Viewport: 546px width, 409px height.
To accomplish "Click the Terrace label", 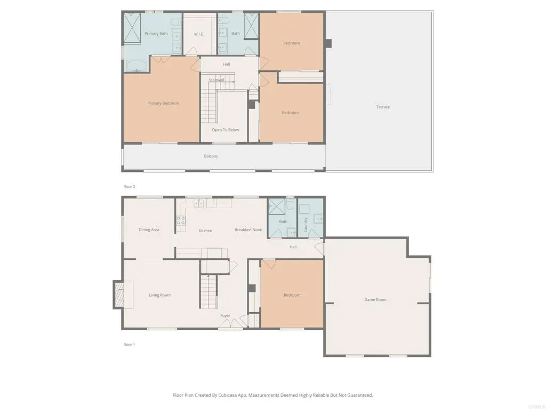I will click(x=383, y=107).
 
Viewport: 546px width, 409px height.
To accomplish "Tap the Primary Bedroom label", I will click(x=163, y=103).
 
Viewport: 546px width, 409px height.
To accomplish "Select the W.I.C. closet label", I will click(x=199, y=34).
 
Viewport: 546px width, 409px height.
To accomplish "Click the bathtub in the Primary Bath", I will click(x=137, y=67).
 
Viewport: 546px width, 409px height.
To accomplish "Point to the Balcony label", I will click(x=211, y=156).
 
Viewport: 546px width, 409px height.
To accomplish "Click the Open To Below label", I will click(x=226, y=130).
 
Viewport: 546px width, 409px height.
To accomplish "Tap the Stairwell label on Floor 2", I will click(x=216, y=80).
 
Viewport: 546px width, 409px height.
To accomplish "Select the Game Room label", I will click(x=375, y=300).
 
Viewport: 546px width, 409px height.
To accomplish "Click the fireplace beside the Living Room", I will click(x=119, y=295).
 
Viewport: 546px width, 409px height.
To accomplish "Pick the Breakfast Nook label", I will click(x=248, y=230).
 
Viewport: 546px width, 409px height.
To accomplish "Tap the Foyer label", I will click(x=226, y=316).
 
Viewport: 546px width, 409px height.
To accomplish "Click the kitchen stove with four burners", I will click(x=180, y=220).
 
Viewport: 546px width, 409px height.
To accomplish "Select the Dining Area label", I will click(x=149, y=230).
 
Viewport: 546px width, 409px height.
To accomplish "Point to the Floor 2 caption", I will click(x=130, y=187).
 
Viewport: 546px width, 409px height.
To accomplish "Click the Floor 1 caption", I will click(x=129, y=345).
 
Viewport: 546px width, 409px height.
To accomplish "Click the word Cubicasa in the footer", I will click(x=223, y=395).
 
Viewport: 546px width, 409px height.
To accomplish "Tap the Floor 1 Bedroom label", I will click(x=292, y=295).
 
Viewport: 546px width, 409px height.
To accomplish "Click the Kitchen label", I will click(x=205, y=231).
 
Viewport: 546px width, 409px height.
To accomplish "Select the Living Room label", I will click(x=160, y=295).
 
